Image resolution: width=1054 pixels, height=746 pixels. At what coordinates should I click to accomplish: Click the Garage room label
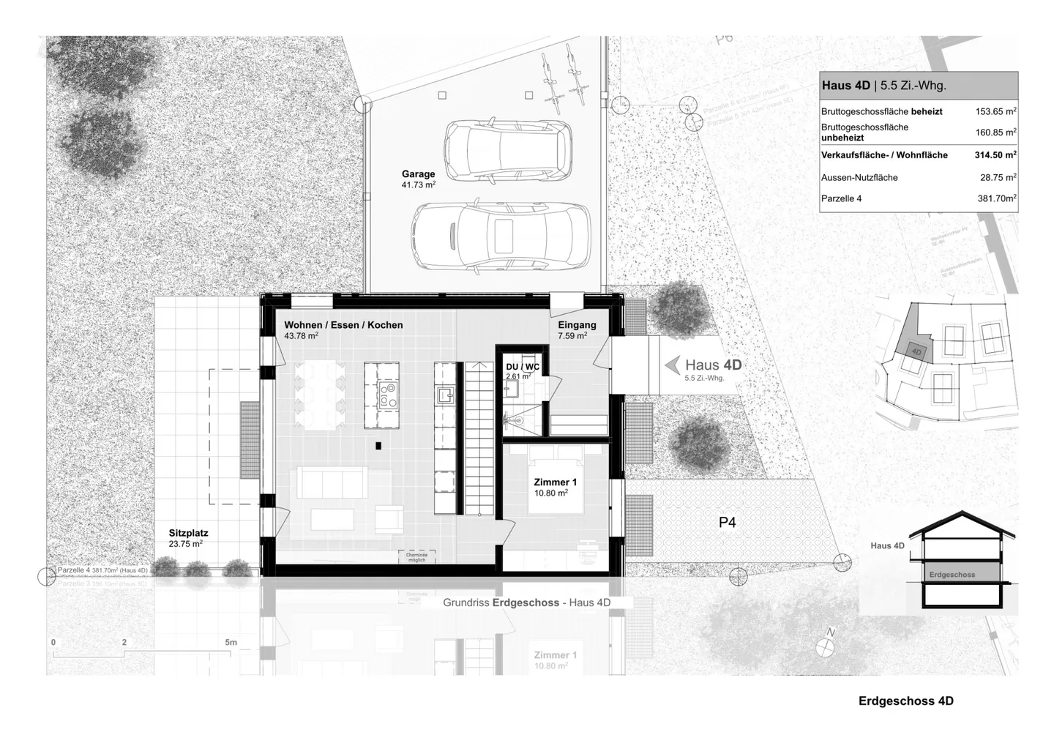point(418,174)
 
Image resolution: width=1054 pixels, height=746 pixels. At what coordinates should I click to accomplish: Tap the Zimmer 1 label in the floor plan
point(555,482)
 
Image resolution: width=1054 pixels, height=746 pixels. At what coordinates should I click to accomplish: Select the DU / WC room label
point(522,367)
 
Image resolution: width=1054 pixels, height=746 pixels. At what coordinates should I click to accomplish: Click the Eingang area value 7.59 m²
point(572,336)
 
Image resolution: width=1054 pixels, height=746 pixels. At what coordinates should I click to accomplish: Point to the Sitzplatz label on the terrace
point(188,534)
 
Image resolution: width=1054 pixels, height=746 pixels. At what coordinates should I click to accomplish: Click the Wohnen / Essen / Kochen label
point(343,325)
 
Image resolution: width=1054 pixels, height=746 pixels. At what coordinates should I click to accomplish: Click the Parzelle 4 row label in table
point(842,198)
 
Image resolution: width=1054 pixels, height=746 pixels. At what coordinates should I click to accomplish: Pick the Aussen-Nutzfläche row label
point(859,177)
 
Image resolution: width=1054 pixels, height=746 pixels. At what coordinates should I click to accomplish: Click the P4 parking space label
point(727,523)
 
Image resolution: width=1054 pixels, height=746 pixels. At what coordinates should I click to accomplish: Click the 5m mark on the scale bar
point(231,643)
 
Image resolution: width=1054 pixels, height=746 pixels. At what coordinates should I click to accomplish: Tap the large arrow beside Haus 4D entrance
point(671,364)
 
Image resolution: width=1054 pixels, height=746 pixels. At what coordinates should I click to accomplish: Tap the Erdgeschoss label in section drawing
point(952,575)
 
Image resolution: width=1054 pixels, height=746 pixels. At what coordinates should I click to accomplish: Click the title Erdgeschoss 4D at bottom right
point(905,701)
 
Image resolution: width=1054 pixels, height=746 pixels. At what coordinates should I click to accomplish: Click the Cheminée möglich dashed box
point(416,556)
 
